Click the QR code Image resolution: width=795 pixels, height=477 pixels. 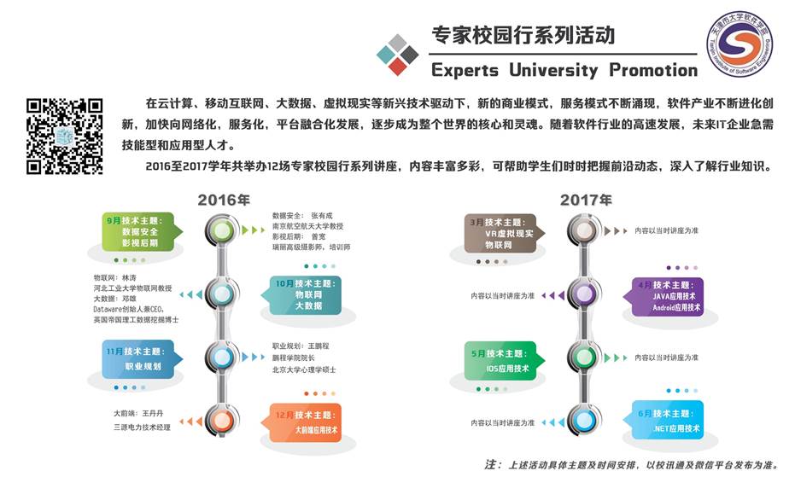[x=65, y=137]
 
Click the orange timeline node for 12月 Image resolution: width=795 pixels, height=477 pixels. [x=221, y=421]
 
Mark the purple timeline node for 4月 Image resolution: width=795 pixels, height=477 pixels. [x=585, y=294]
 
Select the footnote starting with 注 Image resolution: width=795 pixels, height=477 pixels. [x=631, y=465]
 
